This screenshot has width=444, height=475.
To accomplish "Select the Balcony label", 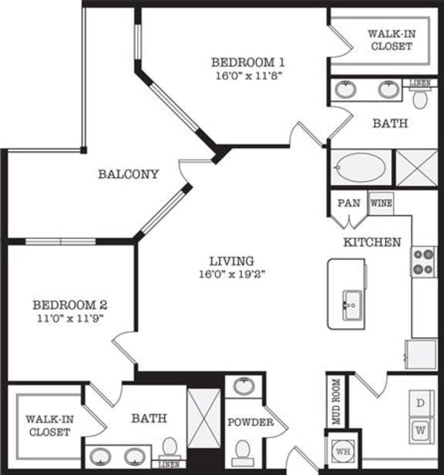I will click(128, 174).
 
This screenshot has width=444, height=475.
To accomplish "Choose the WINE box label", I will click(381, 204).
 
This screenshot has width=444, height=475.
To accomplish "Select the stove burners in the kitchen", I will click(423, 261).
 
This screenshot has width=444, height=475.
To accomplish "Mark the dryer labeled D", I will click(420, 403).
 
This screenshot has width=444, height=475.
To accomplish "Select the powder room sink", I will click(244, 386).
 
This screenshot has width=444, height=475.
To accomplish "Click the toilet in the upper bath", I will click(420, 98).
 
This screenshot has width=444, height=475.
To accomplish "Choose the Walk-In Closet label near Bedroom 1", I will click(389, 40).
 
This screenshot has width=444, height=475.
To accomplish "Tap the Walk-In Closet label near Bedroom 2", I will click(49, 425).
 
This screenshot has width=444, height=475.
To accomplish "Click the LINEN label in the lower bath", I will click(170, 464).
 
